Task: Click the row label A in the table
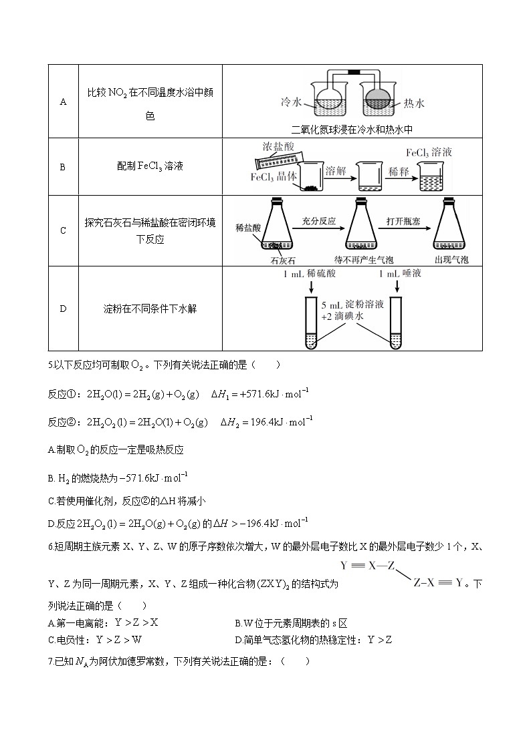tap(64, 102)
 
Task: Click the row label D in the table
tap(64, 309)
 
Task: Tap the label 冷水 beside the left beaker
tap(292, 103)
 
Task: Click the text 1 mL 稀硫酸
tap(310, 273)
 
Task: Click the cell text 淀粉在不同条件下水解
tap(150, 309)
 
